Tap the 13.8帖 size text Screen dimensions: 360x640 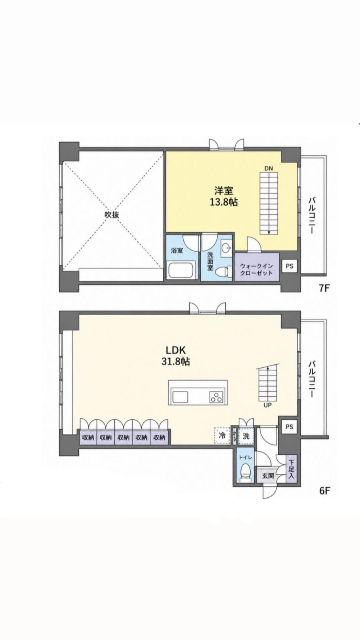click(x=224, y=202)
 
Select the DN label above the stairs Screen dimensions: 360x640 click(x=268, y=168)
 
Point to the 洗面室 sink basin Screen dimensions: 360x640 click(x=226, y=248)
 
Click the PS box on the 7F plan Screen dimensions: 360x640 click(x=289, y=266)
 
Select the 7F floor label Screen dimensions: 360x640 click(x=325, y=288)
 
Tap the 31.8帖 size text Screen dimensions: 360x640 click(x=176, y=362)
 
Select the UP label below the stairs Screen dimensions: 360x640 click(x=268, y=405)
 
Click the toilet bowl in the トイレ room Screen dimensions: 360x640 click(x=245, y=474)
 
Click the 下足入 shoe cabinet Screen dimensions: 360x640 click(x=291, y=470)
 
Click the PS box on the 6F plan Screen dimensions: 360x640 click(x=289, y=427)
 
